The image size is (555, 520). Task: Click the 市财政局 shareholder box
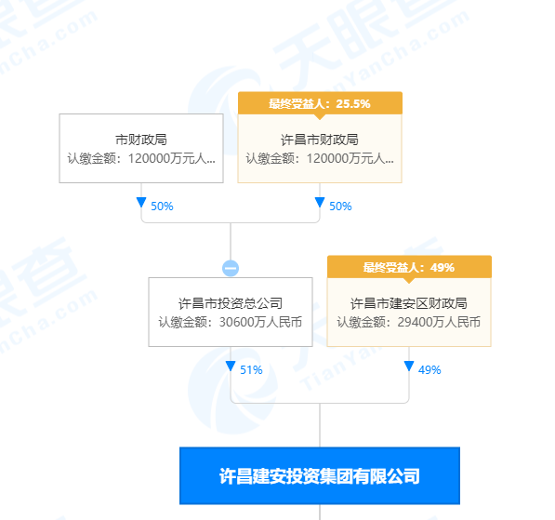pos(141,148)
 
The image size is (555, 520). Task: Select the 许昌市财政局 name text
pos(320,140)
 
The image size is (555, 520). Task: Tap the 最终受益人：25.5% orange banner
pos(320,103)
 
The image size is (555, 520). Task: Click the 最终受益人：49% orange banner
pos(409,267)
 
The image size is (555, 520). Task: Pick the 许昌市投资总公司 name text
pos(231,303)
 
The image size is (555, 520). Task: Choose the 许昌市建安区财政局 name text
pos(409,303)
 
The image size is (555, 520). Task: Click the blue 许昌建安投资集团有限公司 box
pos(320,475)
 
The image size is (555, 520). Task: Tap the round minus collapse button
pos(231,268)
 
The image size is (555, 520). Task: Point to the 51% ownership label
pos(251,370)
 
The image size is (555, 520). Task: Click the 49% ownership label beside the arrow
pos(429,370)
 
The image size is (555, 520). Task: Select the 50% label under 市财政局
pos(162,207)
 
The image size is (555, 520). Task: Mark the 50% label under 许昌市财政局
pos(340,207)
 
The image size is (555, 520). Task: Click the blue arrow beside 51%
pos(231,366)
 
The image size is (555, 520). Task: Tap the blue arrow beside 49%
pos(409,366)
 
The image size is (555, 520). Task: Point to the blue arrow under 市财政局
pos(141,202)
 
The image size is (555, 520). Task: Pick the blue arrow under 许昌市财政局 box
pos(320,202)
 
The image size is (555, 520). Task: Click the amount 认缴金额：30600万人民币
pos(231,322)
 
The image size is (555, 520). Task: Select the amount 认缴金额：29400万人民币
pos(409,322)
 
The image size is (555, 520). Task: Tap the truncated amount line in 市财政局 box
pos(141,158)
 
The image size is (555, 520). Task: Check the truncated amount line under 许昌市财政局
pos(320,158)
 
